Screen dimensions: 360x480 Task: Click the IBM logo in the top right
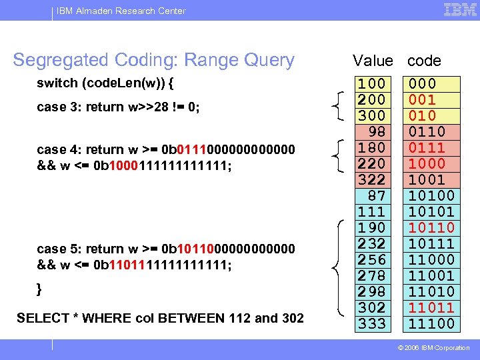tap(459, 10)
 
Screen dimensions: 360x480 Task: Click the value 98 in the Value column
tap(377, 131)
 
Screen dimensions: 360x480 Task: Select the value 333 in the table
tap(372, 323)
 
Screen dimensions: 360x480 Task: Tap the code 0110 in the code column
tap(427, 131)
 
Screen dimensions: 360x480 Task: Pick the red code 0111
tap(427, 147)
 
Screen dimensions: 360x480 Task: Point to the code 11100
tap(431, 323)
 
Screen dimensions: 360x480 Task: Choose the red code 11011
tap(431, 307)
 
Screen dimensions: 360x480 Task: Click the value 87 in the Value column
tap(377, 195)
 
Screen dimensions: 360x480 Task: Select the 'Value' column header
tap(373, 61)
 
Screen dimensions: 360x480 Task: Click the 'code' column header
tap(424, 61)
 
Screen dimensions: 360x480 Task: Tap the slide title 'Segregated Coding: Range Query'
tap(153, 60)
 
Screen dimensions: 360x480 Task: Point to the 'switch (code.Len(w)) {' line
tap(107, 84)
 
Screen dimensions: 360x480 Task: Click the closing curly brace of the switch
tap(39, 289)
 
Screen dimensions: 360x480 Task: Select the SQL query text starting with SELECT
tap(160, 318)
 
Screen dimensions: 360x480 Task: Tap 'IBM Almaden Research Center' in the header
tap(121, 11)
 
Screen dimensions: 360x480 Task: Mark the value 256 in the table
tap(372, 259)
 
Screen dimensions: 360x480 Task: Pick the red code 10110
tap(431, 227)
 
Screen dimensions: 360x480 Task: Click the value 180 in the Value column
tap(372, 147)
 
